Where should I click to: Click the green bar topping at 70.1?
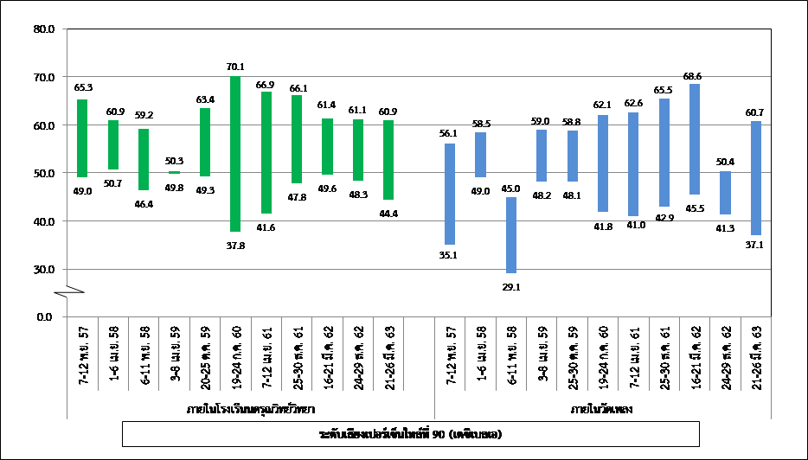tap(235, 154)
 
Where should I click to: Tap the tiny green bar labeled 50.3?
tap(174, 173)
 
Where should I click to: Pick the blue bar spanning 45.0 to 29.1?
tap(511, 235)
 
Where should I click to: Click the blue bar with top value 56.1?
tap(450, 194)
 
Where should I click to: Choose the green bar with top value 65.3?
tap(82, 138)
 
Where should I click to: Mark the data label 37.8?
tap(235, 244)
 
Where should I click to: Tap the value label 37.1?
tap(756, 246)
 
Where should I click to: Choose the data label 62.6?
tap(634, 104)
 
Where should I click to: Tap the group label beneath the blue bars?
tap(603, 406)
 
